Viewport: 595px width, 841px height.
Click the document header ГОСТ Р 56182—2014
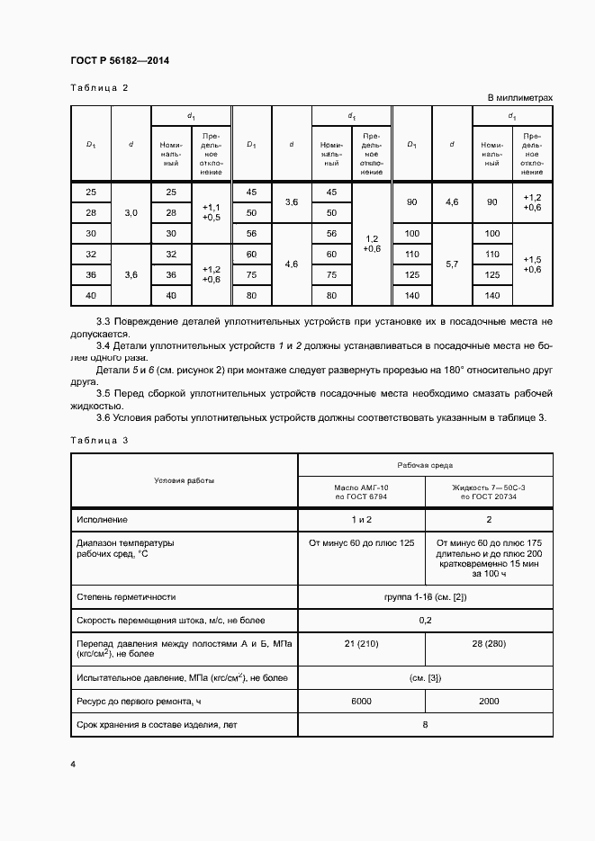[120, 61]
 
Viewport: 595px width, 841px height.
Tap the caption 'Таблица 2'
[99, 88]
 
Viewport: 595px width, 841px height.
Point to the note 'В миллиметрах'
[519, 97]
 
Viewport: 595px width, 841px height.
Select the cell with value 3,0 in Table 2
[131, 212]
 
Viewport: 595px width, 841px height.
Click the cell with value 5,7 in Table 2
[453, 264]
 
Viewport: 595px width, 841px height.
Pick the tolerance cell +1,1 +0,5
[212, 211]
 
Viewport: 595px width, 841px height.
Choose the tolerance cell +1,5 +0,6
[531, 264]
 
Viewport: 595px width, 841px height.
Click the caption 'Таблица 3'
[99, 440]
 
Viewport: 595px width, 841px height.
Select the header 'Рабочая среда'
[425, 465]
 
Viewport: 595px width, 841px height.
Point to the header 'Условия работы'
[184, 480]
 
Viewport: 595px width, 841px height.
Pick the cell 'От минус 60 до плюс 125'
[361, 543]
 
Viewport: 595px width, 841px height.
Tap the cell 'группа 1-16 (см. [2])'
[425, 596]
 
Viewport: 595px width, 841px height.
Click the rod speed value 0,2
[425, 620]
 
